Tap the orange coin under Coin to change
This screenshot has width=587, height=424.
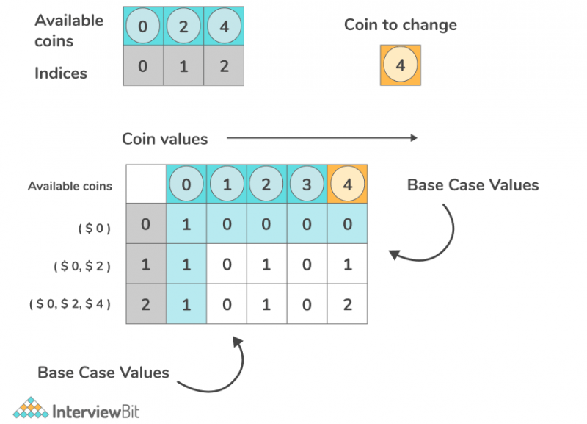click(400, 65)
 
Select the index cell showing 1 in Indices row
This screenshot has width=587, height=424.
click(183, 66)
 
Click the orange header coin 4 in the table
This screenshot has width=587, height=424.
click(347, 184)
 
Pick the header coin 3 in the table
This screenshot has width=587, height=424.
click(307, 184)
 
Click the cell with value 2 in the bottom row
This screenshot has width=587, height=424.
click(347, 303)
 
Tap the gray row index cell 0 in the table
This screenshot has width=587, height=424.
click(145, 224)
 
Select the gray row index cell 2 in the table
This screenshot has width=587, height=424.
click(145, 303)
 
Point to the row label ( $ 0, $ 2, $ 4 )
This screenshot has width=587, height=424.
click(70, 303)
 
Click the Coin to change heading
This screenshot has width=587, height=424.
click(401, 24)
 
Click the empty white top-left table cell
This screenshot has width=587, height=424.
click(145, 184)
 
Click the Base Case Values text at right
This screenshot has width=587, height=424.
click(473, 184)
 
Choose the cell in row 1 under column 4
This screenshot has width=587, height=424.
click(347, 264)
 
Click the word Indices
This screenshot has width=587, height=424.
click(61, 73)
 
